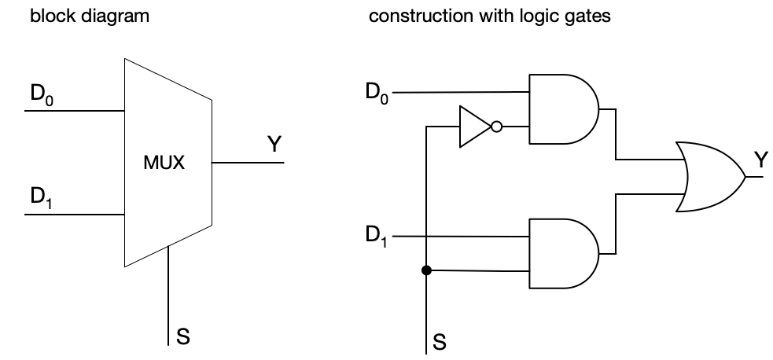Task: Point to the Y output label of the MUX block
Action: (274, 145)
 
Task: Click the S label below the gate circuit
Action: (439, 342)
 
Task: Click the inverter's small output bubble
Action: (495, 127)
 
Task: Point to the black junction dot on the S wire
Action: (426, 271)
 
